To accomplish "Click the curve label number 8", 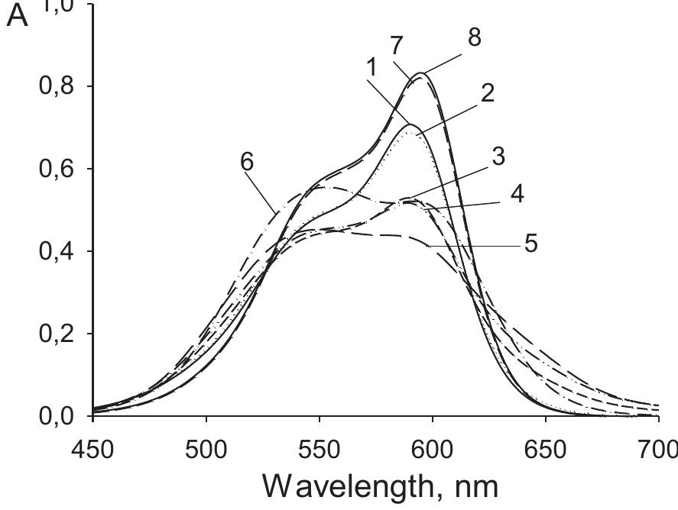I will click(474, 37).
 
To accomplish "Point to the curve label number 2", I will click(487, 93).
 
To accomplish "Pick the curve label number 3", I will click(498, 157).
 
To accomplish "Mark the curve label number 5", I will click(530, 244).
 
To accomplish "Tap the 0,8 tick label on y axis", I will click(57, 86).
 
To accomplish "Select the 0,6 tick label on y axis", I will click(57, 169).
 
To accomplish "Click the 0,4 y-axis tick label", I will click(57, 251).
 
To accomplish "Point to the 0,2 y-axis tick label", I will click(57, 334).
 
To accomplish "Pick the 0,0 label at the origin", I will click(57, 416).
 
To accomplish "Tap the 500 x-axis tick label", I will click(206, 448).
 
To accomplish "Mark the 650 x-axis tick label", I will click(546, 448).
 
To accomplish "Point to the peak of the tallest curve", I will click(421, 73).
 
